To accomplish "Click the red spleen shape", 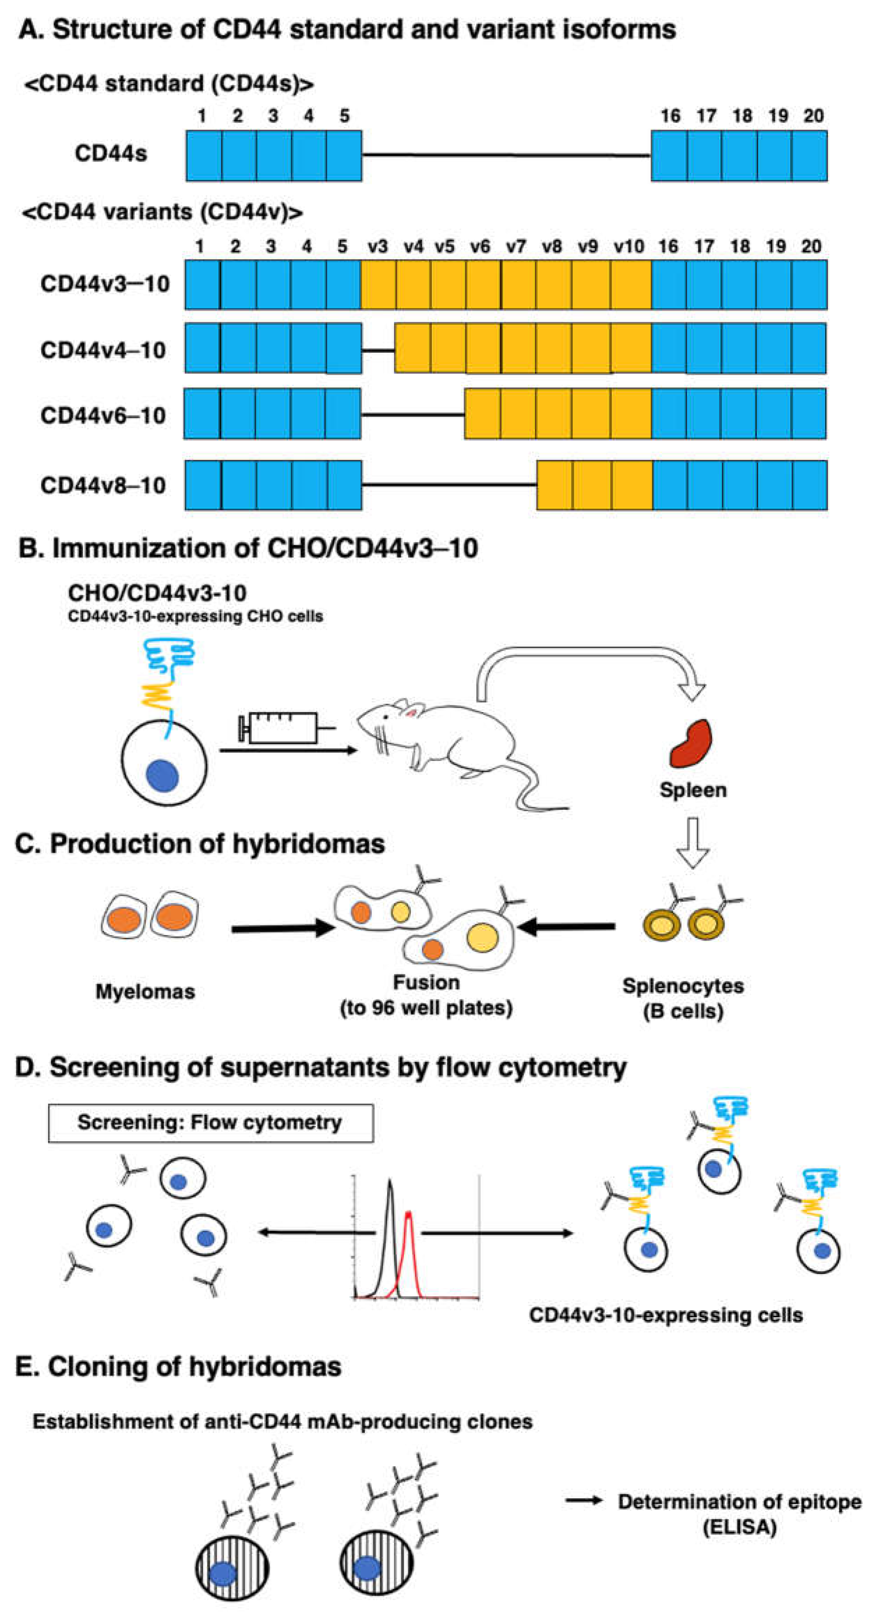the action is click(x=691, y=744).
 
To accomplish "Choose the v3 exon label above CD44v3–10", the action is click(x=378, y=246).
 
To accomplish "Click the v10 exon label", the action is click(x=629, y=246).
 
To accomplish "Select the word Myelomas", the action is click(x=145, y=992).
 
